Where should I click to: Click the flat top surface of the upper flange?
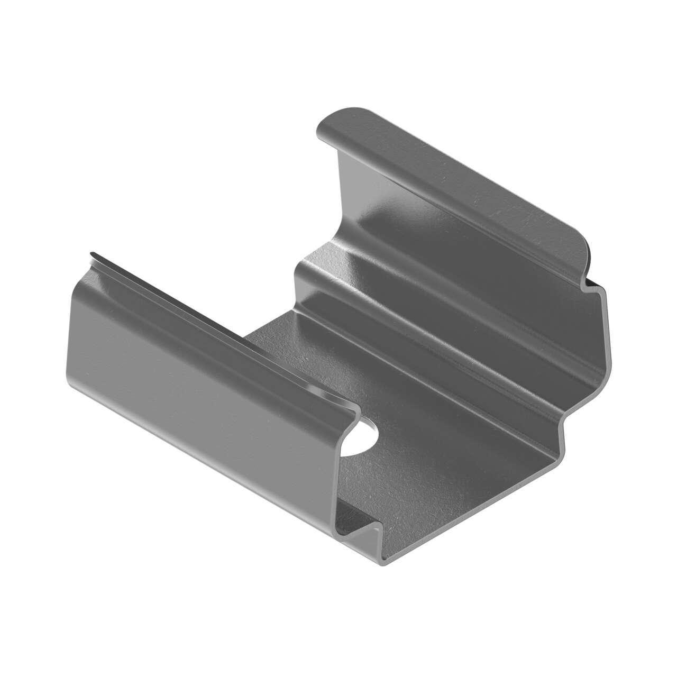tap(450, 180)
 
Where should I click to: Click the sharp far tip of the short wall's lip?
tap(91, 254)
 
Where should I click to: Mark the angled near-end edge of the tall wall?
tap(603, 338)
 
